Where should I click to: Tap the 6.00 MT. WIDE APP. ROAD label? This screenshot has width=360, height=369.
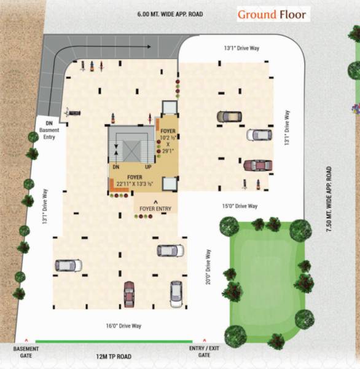(171, 14)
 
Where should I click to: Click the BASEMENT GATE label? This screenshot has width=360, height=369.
(26, 352)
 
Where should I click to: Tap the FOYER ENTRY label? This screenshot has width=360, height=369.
(155, 209)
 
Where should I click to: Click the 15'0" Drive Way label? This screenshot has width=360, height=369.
(240, 205)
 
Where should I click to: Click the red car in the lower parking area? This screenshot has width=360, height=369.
(129, 293)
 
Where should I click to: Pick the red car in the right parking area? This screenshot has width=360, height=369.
(257, 164)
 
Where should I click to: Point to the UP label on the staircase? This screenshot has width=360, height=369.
(147, 167)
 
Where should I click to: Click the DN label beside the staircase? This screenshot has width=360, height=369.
(115, 167)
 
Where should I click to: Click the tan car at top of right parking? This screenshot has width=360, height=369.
(229, 116)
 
